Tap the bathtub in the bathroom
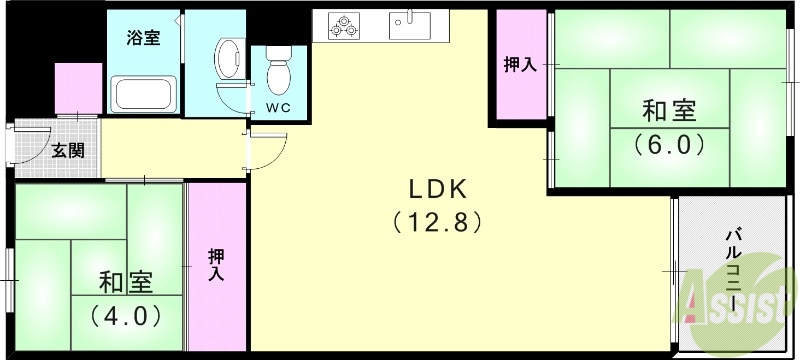pos(145,96)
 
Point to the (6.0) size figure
pos(669,143)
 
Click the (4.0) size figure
pos(126,315)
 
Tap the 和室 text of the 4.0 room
pos(126,283)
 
